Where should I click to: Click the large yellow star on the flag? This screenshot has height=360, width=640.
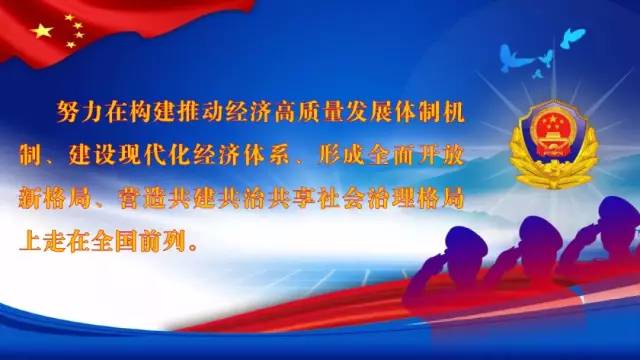[x=42, y=32]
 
